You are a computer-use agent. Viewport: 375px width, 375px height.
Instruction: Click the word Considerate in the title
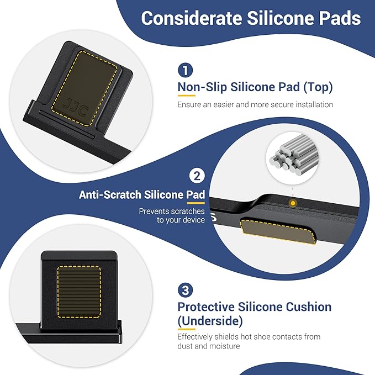pos(191,18)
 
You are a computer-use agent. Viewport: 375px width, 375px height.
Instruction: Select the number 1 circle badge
pos(186,70)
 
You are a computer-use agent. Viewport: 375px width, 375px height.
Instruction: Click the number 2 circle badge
pos(197,176)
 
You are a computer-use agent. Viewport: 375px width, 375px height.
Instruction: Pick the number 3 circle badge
pos(186,290)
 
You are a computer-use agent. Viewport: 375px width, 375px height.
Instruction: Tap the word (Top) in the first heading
pos(318,87)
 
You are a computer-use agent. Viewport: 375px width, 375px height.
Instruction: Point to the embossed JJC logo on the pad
pos(75,107)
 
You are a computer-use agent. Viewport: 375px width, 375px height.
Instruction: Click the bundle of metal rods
pos(294,155)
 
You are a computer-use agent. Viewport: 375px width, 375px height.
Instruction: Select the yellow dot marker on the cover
pos(293,203)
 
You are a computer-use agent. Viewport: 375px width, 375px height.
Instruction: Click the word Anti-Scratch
pos(110,194)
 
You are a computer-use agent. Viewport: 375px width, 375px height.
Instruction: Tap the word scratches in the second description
pos(188,212)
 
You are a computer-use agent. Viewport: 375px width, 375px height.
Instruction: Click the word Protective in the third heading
pos(206,307)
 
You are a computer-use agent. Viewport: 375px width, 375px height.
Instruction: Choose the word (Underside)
pos(210,321)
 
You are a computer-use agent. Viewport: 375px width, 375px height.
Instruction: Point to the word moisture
pos(225,346)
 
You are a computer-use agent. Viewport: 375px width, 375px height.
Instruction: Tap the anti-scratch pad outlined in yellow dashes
pos(278,231)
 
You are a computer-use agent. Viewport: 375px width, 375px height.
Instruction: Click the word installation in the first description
pos(314,104)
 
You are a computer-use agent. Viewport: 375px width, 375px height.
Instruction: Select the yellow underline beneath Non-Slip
pos(187,96)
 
